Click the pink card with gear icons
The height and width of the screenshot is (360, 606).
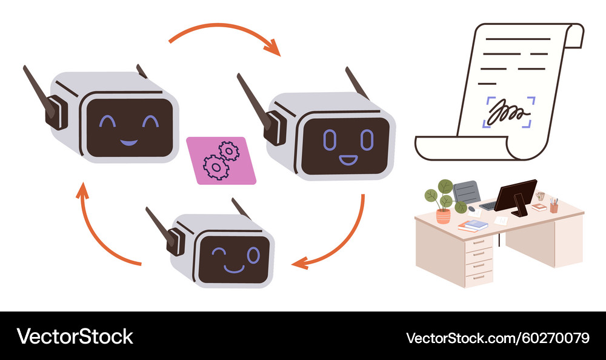[221, 160]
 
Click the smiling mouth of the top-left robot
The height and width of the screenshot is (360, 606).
[128, 142]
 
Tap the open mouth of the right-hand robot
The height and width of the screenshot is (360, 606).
[348, 161]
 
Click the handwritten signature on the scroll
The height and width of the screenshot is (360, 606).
[508, 113]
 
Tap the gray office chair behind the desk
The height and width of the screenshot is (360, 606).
[466, 192]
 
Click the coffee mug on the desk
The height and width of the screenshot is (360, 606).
[540, 196]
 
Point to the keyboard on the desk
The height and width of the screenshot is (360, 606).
[487, 205]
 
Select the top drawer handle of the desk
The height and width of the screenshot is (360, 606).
[479, 242]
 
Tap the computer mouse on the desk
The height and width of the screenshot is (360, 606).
[471, 208]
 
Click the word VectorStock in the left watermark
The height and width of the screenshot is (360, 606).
[75, 336]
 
